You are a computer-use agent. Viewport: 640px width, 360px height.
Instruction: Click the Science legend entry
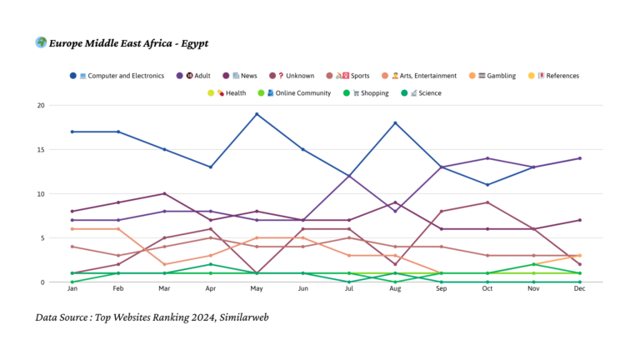pyautogui.click(x=424, y=93)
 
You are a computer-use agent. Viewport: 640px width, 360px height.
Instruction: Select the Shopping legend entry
pyautogui.click(x=367, y=93)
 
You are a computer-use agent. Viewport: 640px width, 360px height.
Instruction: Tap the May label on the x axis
pyautogui.click(x=257, y=289)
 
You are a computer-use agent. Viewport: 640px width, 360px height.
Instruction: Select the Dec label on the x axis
pyautogui.click(x=579, y=289)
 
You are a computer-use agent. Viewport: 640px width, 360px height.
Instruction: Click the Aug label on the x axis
pyautogui.click(x=395, y=289)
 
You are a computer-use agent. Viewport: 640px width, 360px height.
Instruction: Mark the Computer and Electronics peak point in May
pyautogui.click(x=257, y=114)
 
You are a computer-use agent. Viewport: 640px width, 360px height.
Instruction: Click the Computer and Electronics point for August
pyautogui.click(x=395, y=123)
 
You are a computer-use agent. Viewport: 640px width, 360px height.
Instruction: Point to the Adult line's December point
pyautogui.click(x=579, y=158)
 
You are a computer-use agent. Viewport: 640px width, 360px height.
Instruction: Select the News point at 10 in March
pyautogui.click(x=165, y=193)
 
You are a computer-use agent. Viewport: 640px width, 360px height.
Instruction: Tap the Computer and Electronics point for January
pyautogui.click(x=72, y=132)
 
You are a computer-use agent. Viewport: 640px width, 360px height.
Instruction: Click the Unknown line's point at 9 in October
pyautogui.click(x=487, y=202)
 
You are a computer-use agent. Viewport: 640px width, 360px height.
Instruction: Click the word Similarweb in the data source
pyautogui.click(x=241, y=317)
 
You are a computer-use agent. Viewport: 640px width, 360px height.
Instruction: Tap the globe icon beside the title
pyautogui.click(x=41, y=42)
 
